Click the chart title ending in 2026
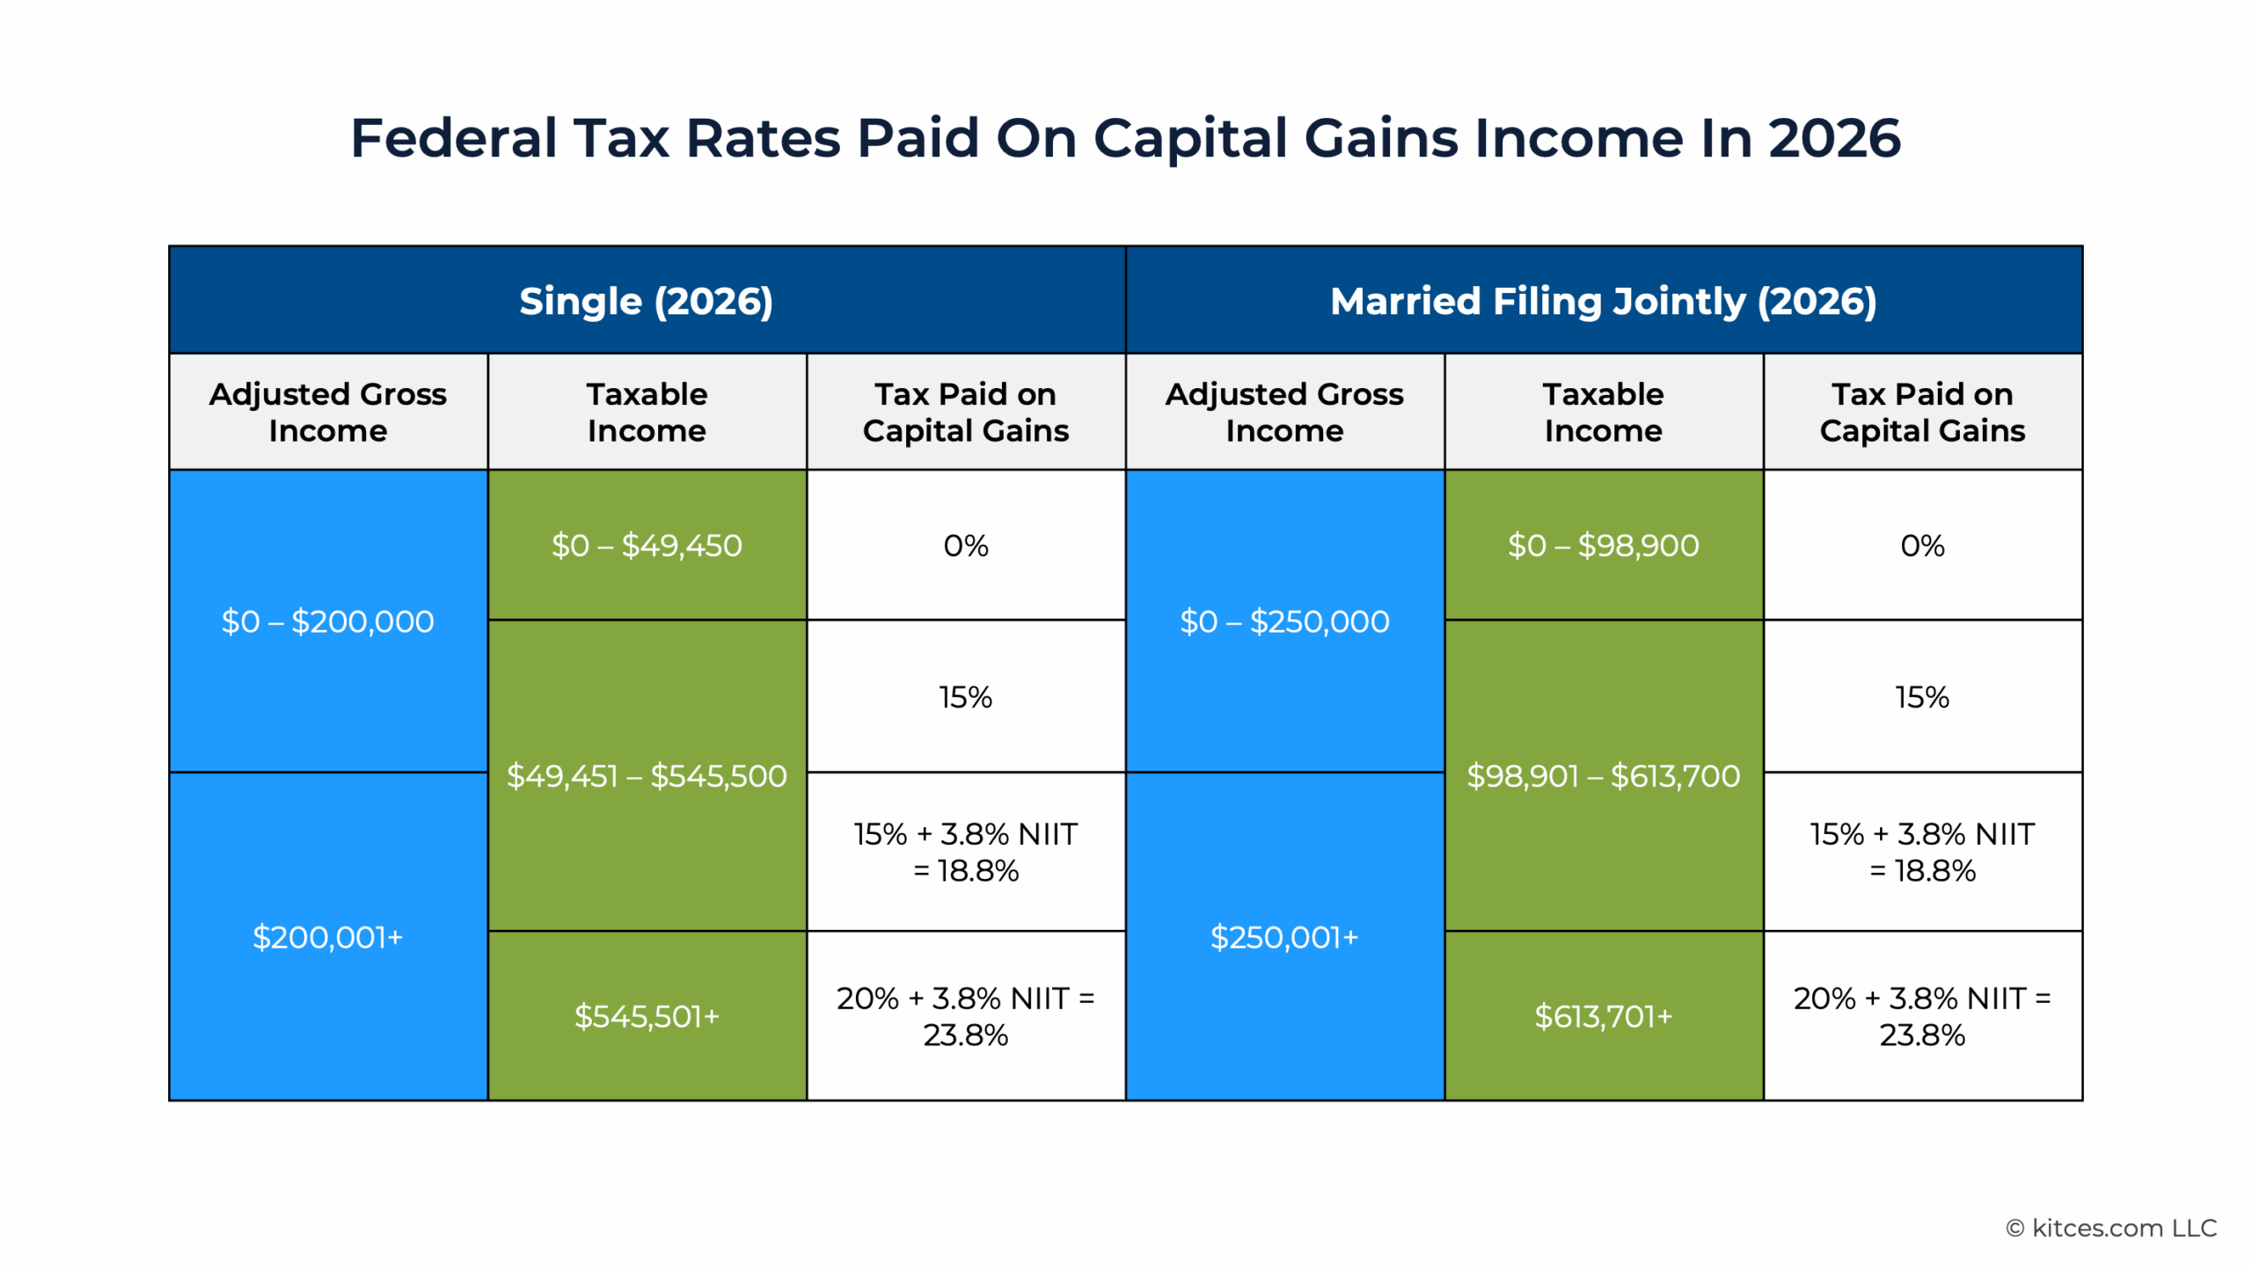tap(1125, 138)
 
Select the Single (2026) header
tap(646, 301)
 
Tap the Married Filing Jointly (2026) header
tap(1603, 301)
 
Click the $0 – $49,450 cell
tap(647, 546)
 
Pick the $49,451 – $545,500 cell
tap(647, 776)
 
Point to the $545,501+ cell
tap(647, 1016)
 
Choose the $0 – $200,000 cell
tap(327, 621)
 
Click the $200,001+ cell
tap(327, 937)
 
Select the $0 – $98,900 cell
tap(1603, 546)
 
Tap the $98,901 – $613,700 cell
tap(1603, 776)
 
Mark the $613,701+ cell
tap(1603, 1016)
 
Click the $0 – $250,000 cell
tap(1284, 621)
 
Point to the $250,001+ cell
tap(1284, 937)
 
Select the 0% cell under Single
tap(965, 546)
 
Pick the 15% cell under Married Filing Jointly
tap(1922, 697)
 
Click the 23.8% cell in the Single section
tap(965, 1016)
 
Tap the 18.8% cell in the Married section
tap(1922, 852)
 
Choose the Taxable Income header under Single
tap(647, 412)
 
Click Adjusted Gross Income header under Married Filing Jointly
tap(1284, 412)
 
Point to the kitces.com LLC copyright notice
tap(2110, 1227)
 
